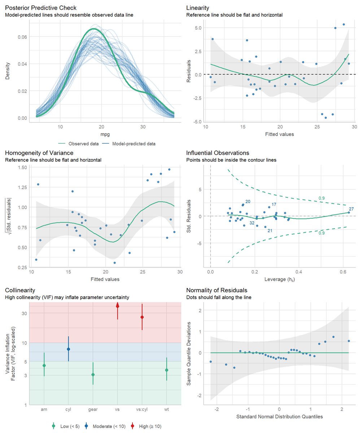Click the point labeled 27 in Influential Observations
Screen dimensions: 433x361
[349, 213]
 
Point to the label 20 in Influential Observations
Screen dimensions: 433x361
[248, 201]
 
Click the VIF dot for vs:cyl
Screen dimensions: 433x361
[142, 317]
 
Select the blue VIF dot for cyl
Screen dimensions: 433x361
[69, 349]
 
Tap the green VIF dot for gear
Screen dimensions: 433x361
[93, 375]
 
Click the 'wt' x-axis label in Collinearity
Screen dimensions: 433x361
[166, 410]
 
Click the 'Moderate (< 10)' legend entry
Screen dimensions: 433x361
[109, 427]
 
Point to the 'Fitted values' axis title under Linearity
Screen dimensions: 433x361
[280, 134]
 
